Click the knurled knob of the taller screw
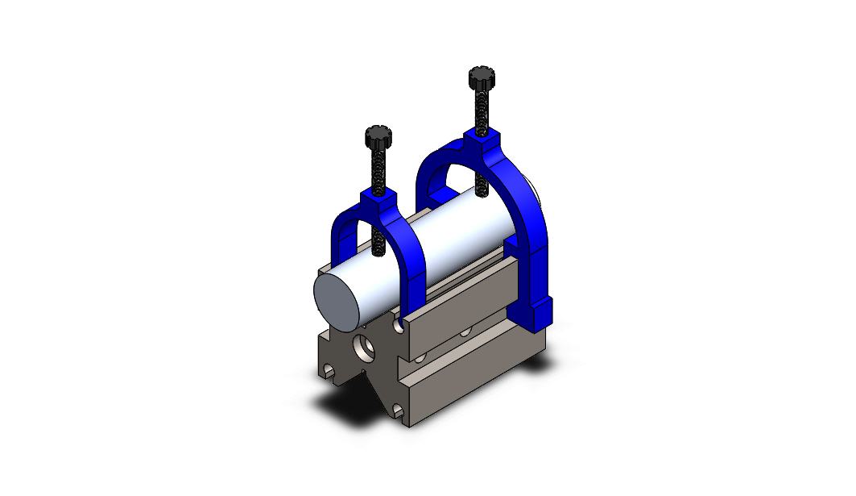click(x=480, y=78)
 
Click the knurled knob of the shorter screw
click(x=378, y=136)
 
